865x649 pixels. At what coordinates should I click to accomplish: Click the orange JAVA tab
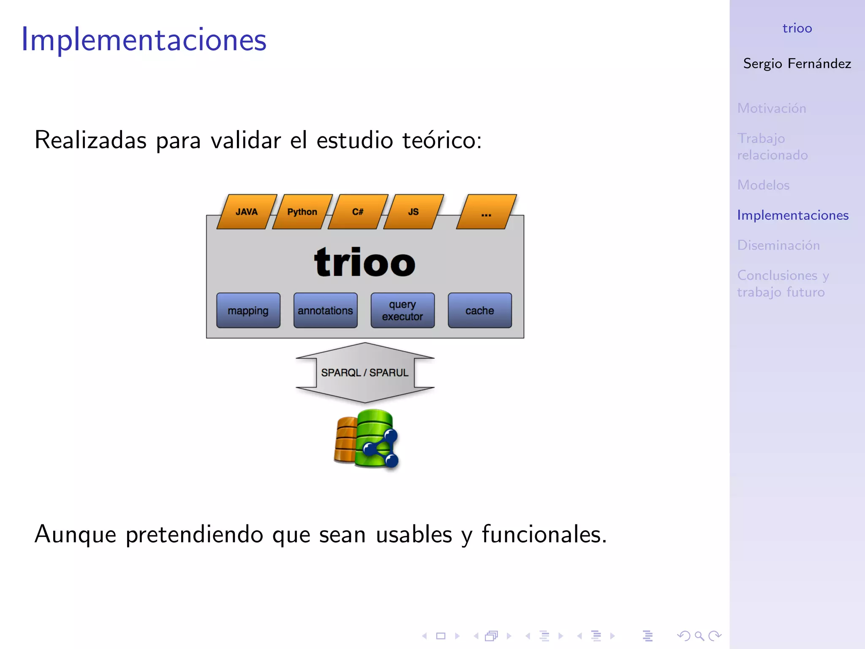(247, 212)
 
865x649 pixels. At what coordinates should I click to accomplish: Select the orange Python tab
(302, 212)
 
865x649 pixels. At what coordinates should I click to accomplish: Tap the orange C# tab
(358, 212)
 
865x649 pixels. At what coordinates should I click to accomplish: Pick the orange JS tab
(413, 212)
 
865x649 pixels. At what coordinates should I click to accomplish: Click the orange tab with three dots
(487, 212)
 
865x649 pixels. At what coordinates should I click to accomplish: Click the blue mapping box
(248, 311)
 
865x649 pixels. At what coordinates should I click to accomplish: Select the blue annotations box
(325, 311)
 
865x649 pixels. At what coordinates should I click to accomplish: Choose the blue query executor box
(403, 311)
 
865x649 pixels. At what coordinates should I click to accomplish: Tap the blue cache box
(480, 311)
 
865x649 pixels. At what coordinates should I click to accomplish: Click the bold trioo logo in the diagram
(365, 263)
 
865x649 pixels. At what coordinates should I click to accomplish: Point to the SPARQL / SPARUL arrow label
(365, 373)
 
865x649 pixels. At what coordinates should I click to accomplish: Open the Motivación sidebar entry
(772, 108)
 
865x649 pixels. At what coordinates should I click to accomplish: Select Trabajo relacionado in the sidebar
(773, 147)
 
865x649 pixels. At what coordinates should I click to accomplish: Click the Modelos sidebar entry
(763, 185)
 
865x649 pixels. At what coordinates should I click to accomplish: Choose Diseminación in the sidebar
(778, 245)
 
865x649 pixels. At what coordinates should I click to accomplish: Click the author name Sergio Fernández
(797, 63)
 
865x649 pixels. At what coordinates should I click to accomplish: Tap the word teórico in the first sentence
(442, 140)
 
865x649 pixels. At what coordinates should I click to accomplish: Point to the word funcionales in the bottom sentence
(544, 534)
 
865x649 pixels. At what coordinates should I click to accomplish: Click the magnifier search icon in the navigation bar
(699, 636)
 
